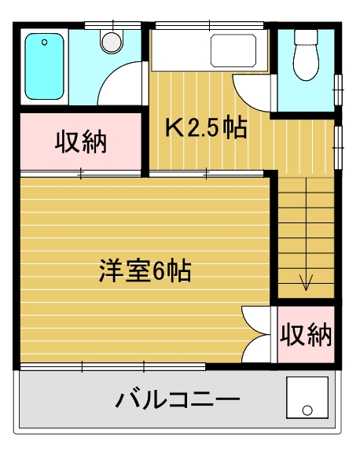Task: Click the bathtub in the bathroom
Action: tap(44, 67)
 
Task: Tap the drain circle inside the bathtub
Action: tap(44, 42)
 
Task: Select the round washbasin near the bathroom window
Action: tap(112, 42)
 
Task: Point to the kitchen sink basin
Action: tap(233, 50)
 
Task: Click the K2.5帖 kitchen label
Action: tap(207, 127)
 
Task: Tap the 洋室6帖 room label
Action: tap(145, 270)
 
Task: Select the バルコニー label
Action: tap(178, 399)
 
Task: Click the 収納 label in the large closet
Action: tap(81, 142)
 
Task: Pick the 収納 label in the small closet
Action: tap(306, 335)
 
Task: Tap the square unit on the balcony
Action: tap(307, 398)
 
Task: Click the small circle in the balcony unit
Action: tap(307, 410)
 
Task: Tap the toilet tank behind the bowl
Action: tap(306, 37)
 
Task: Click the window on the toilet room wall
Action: tap(338, 90)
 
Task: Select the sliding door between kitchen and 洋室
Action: tap(207, 174)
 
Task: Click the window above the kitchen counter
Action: tap(210, 26)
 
